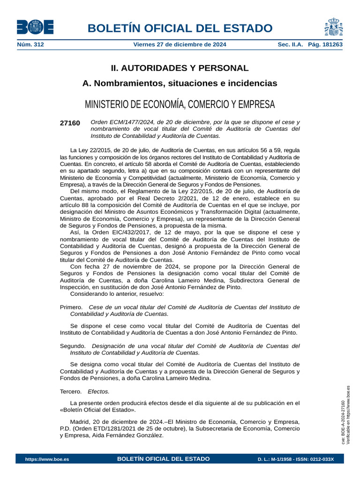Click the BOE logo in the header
[x=35, y=27]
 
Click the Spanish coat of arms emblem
[x=333, y=27]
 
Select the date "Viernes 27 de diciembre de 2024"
[x=180, y=45]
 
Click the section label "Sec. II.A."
[x=291, y=45]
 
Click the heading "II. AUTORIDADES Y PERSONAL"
[x=180, y=68]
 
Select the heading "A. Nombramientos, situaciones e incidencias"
[x=180, y=83]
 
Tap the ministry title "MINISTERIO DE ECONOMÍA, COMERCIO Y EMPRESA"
[x=180, y=104]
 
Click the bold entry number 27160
[x=70, y=123]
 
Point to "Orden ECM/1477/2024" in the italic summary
[x=121, y=122]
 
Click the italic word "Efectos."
[x=98, y=391]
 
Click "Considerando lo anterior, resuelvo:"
[x=117, y=294]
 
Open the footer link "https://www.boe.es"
[x=47, y=459]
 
